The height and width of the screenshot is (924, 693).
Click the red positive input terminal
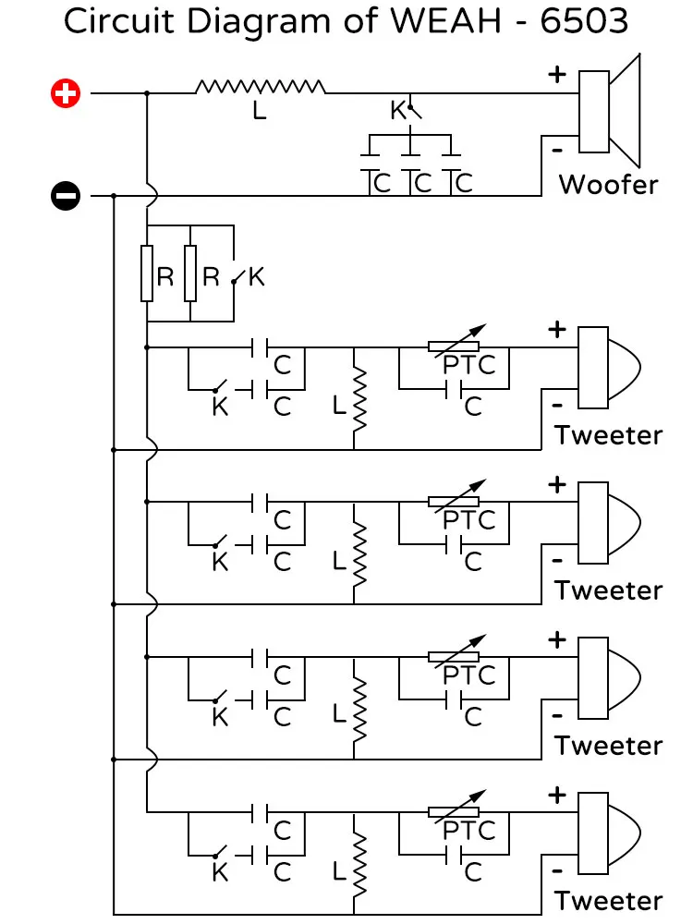click(x=66, y=93)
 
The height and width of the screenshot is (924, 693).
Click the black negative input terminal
click(x=66, y=196)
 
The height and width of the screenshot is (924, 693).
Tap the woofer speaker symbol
click(x=609, y=112)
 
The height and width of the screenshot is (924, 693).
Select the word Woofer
click(x=608, y=185)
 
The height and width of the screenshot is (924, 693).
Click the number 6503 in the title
click(x=584, y=21)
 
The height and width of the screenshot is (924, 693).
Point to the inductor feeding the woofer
click(x=260, y=87)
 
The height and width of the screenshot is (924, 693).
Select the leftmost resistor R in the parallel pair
click(x=147, y=274)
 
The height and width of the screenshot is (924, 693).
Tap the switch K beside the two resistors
click(x=238, y=277)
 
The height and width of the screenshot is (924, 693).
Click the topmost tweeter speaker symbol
click(x=609, y=368)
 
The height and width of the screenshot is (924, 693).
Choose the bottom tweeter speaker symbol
click(x=609, y=833)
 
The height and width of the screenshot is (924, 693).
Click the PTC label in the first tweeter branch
click(x=469, y=365)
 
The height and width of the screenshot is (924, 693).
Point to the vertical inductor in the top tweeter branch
click(x=359, y=400)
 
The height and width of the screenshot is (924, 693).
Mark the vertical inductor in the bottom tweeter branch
click(x=359, y=866)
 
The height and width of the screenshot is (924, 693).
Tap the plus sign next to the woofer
click(x=557, y=74)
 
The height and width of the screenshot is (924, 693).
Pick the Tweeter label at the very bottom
click(x=608, y=901)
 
